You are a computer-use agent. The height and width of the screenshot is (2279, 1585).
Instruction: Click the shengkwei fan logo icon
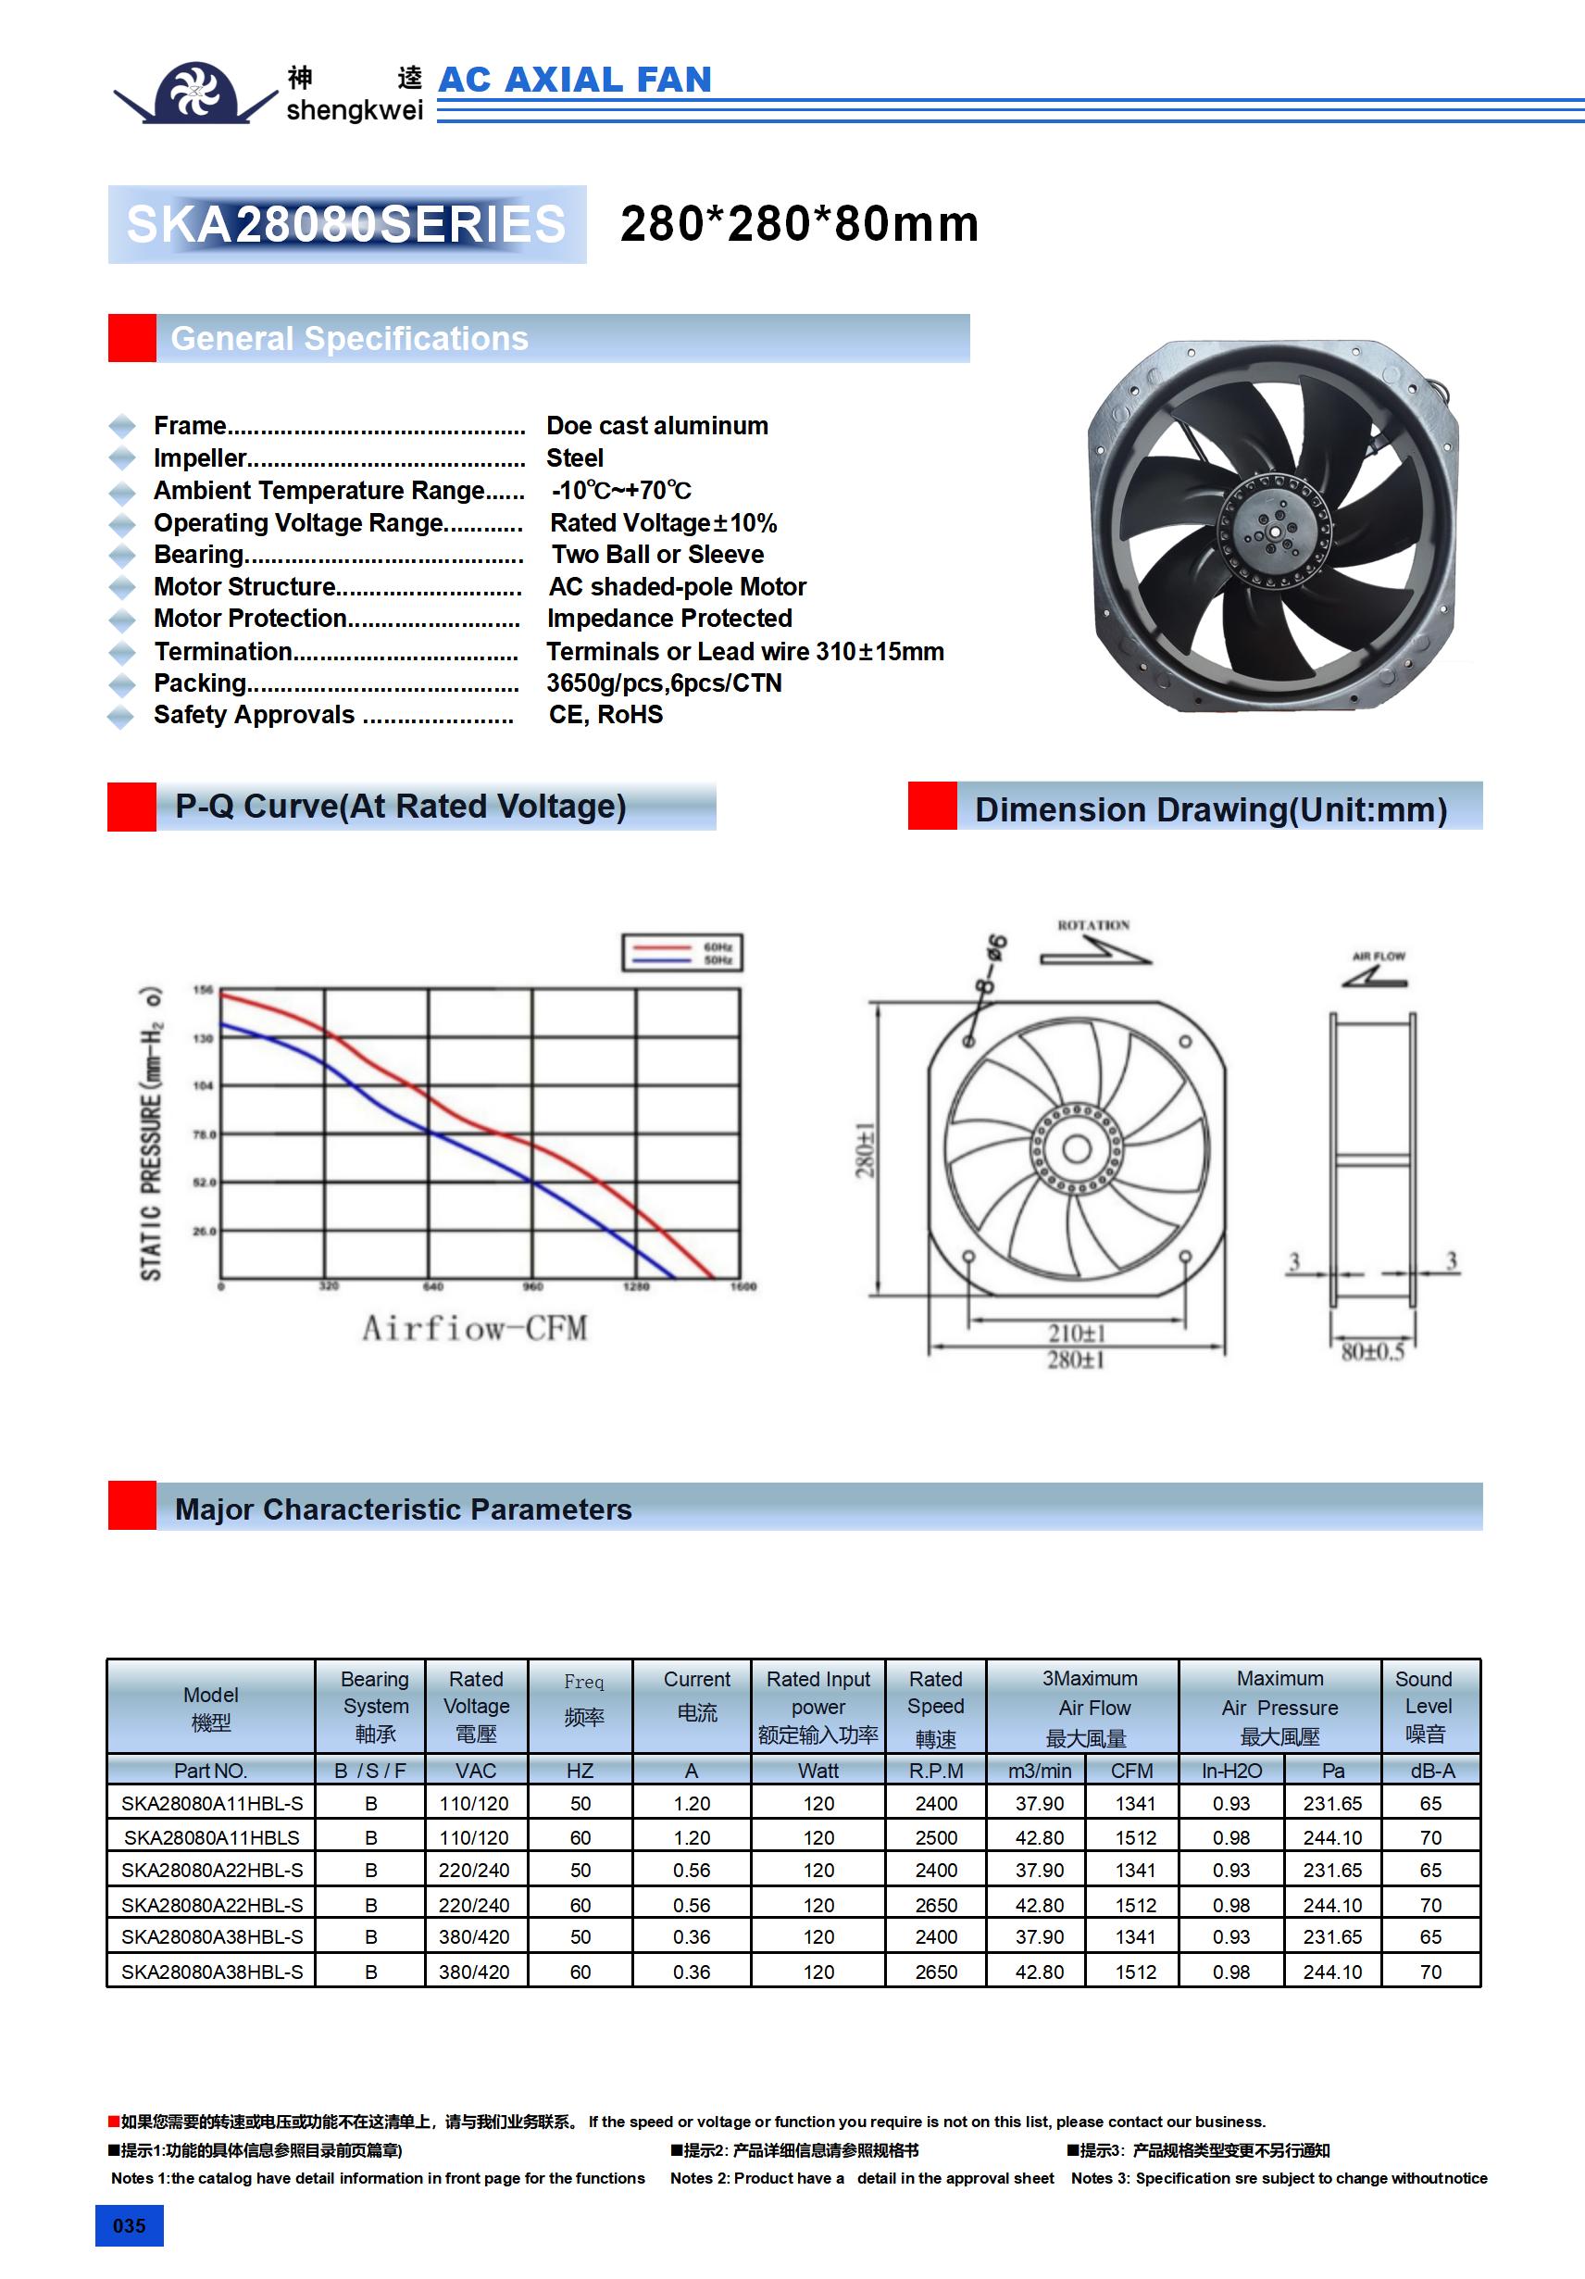click(x=195, y=93)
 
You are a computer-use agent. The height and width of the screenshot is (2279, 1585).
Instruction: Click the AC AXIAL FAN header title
click(x=575, y=80)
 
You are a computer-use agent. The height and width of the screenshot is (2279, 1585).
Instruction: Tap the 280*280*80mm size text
click(x=799, y=223)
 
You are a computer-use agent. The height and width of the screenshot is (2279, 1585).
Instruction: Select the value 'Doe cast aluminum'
click(x=657, y=426)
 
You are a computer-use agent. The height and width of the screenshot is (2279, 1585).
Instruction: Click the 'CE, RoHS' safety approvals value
click(x=605, y=715)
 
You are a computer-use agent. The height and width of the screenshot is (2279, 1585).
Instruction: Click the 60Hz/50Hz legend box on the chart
click(x=681, y=953)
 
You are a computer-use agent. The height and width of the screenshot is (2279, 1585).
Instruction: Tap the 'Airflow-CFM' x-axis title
click(x=474, y=1328)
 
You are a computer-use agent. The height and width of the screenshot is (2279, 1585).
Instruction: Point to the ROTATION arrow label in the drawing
click(x=1092, y=925)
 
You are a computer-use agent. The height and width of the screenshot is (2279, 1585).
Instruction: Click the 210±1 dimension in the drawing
click(x=1076, y=1334)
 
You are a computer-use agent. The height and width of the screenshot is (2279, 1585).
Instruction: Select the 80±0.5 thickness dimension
click(x=1373, y=1352)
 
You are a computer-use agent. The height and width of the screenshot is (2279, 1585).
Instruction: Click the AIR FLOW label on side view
click(x=1379, y=956)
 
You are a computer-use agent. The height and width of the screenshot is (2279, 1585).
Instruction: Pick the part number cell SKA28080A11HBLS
click(x=211, y=1837)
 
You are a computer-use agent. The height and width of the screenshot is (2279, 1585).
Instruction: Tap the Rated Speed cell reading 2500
click(x=936, y=1837)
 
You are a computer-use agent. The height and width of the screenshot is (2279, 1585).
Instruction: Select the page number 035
click(x=129, y=2225)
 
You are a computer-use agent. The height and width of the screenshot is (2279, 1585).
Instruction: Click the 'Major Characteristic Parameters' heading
click(x=403, y=1509)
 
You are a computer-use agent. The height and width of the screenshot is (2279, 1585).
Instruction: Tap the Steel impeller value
click(x=575, y=458)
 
